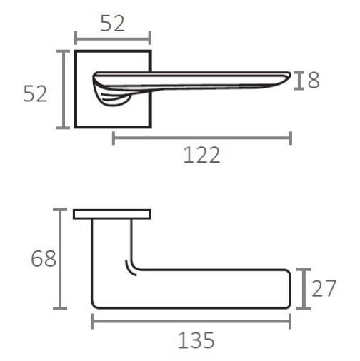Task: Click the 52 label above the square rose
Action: [x=112, y=24]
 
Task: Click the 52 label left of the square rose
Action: [x=35, y=93]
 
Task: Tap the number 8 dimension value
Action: [x=313, y=81]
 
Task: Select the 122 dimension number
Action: [x=201, y=155]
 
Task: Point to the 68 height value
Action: [x=43, y=259]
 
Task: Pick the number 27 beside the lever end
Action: [x=324, y=289]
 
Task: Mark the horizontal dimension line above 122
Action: [x=201, y=138]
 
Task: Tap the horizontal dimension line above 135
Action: [x=191, y=322]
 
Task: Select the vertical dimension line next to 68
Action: [x=62, y=259]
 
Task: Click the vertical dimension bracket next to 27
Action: [x=304, y=289]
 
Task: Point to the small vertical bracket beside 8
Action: [x=299, y=81]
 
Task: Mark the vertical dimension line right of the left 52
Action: [x=64, y=89]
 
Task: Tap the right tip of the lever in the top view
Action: [x=287, y=75]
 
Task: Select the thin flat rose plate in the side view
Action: [x=112, y=214]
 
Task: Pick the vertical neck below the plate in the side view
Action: [x=111, y=243]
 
